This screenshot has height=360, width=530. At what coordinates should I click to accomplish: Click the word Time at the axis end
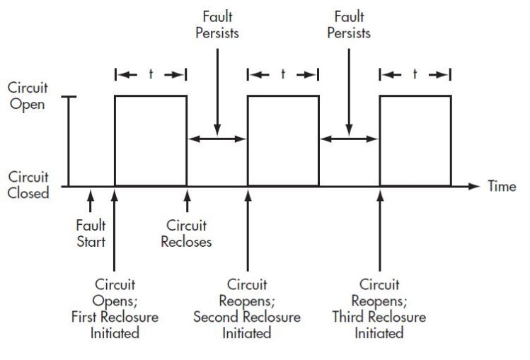502,186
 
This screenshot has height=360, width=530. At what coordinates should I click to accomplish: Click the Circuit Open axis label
28,97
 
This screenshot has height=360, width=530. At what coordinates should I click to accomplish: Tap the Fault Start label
90,235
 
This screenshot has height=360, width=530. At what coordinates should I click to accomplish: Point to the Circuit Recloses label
187,235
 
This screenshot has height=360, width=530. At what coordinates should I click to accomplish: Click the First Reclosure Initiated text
114,325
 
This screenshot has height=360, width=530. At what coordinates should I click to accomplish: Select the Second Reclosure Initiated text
247,325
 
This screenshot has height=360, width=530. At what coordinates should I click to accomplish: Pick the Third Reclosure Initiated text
380,325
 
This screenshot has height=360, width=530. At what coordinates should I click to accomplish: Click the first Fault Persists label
217,25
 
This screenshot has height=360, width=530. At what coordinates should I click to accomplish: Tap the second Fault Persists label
349,25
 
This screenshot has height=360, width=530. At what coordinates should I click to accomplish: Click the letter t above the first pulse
151,74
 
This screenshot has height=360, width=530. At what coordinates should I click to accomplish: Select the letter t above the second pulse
283,74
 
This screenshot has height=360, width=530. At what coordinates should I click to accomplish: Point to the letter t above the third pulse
415,74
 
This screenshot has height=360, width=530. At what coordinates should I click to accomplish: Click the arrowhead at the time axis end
475,187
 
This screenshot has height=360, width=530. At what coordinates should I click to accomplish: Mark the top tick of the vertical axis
69,97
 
